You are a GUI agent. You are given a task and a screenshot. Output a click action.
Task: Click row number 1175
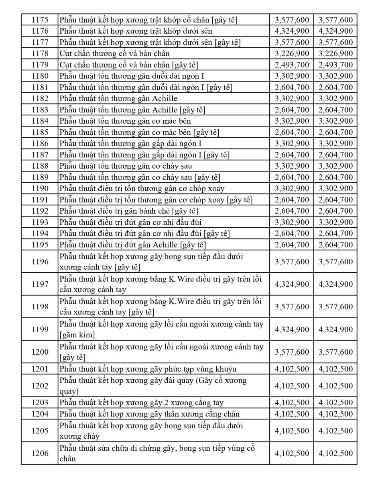point(39,20)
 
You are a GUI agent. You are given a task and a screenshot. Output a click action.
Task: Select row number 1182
point(39,98)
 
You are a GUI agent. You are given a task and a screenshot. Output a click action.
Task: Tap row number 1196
point(39,261)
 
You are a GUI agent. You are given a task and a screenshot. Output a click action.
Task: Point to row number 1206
point(39,453)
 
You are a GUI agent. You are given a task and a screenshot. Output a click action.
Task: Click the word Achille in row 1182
point(164,98)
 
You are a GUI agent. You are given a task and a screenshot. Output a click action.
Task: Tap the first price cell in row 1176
point(292,31)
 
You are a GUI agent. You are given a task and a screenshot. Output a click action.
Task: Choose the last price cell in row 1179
point(335,65)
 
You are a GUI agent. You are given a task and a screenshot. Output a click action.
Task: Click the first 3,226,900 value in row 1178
point(292,53)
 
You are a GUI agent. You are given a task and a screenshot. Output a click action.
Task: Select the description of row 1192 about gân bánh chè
point(129,211)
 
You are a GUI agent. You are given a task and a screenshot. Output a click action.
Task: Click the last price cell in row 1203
point(335,402)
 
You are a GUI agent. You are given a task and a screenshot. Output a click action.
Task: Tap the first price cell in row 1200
point(292,352)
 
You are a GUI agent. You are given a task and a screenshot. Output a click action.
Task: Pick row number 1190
point(39,188)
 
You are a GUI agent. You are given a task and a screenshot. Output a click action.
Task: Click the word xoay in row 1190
point(216,188)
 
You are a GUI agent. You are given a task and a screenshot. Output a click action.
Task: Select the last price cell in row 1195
point(335,245)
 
